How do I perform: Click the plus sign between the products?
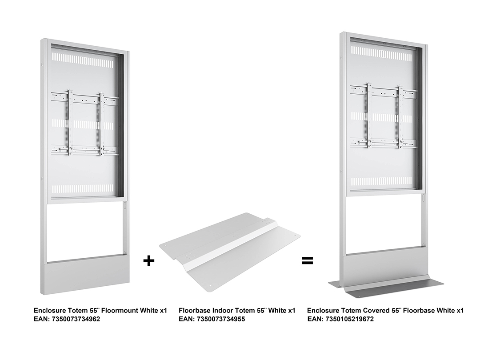point(149,260)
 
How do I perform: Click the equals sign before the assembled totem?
point(308,260)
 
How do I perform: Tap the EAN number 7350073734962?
point(76,319)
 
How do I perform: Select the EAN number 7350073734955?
point(221,319)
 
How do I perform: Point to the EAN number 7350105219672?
point(350,319)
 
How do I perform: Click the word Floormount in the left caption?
point(120,310)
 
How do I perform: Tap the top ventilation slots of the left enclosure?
point(82,60)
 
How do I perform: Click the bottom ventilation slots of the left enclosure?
point(82,189)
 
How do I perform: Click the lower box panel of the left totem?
point(87,276)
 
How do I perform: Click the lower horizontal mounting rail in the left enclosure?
point(85,150)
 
